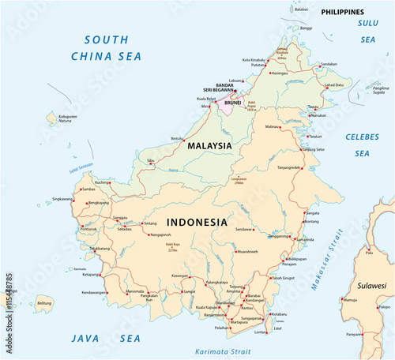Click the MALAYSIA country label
tap(209, 146)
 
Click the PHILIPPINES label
tap(342, 13)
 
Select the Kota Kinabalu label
tap(254, 60)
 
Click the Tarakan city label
tap(315, 136)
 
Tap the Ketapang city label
tap(92, 275)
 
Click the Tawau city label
tap(314, 107)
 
